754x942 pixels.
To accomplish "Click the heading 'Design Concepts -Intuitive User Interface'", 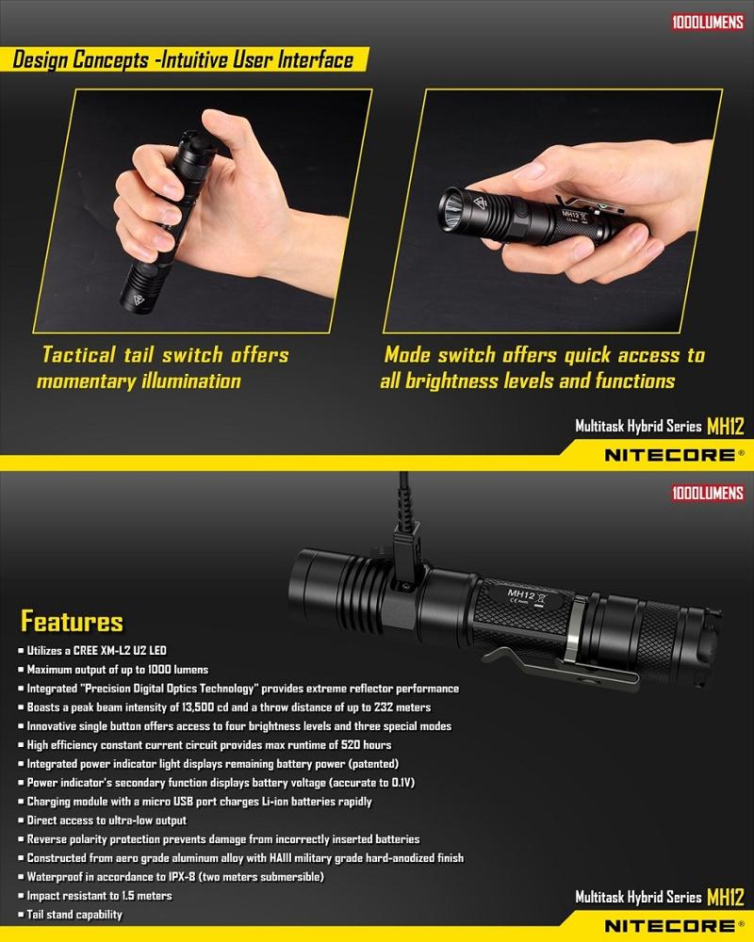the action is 183,60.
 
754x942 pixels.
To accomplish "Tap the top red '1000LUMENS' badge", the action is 708,23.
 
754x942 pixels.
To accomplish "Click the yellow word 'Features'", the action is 73,621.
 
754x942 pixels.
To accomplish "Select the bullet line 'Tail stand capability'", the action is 74,915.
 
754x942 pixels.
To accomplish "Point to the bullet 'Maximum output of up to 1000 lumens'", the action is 117,669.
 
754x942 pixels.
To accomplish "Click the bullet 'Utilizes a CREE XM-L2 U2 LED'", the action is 97,650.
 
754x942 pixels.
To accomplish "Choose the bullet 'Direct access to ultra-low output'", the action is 107,820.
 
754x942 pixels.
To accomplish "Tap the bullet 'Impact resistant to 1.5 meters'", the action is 99,896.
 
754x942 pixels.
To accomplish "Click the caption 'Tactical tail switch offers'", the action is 165,354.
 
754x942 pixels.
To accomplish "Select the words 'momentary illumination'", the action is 139,381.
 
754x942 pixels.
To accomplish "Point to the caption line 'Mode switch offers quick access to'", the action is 545,354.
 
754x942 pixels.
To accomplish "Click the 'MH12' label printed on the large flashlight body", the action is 520,594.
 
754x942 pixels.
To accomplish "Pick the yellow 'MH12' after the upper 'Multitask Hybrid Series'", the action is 726,426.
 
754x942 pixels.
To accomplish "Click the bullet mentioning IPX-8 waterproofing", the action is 175,876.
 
